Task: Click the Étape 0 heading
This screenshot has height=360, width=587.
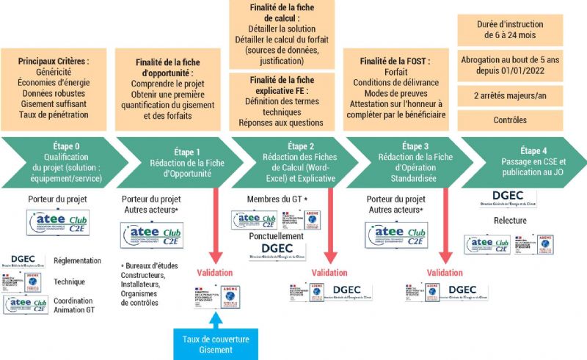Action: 68,145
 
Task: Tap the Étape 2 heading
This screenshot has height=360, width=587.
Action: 302,146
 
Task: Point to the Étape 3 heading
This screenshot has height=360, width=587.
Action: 415,146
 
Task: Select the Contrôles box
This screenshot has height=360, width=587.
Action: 511,120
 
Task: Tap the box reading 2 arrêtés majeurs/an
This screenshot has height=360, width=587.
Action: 511,95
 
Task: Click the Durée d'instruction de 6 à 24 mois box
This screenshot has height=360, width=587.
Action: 511,30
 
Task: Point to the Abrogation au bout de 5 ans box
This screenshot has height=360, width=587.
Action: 511,65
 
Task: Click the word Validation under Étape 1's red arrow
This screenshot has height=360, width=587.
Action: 215,272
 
